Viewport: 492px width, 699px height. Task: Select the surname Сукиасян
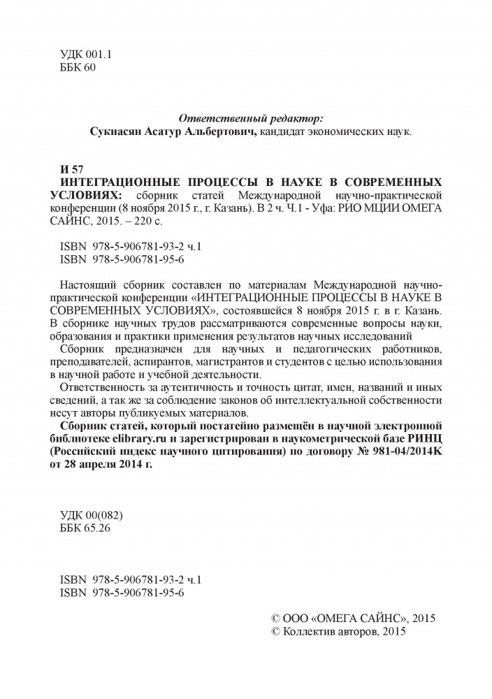pos(122,131)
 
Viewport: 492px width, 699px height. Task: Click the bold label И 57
pos(73,170)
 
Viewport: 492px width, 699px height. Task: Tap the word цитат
pos(305,387)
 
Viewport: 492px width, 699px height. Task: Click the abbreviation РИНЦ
pos(417,438)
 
